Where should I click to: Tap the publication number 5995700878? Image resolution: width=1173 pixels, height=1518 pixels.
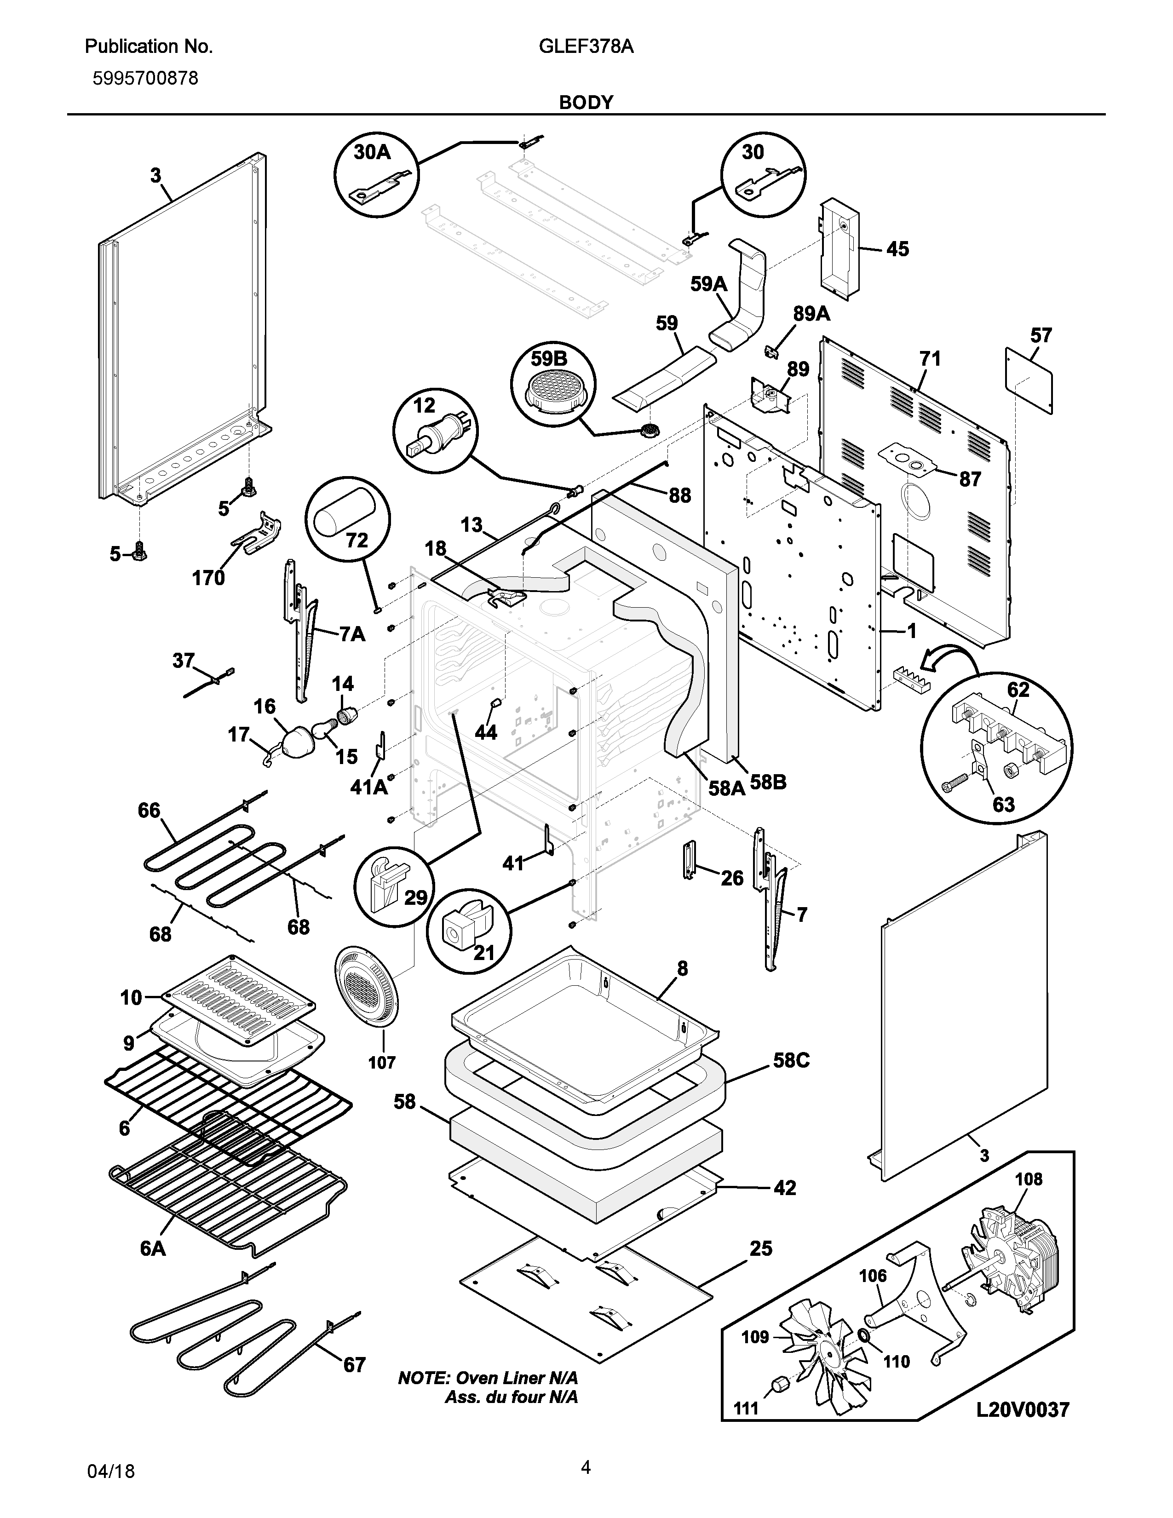[145, 79]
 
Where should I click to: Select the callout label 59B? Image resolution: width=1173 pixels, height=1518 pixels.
[549, 359]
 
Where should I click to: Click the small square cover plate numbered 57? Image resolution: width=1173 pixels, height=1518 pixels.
[1029, 380]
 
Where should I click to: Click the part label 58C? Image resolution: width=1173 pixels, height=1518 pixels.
[792, 1061]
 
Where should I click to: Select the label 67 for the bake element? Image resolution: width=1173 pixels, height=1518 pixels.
[354, 1365]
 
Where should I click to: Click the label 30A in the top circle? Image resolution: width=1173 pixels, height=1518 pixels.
[373, 152]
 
